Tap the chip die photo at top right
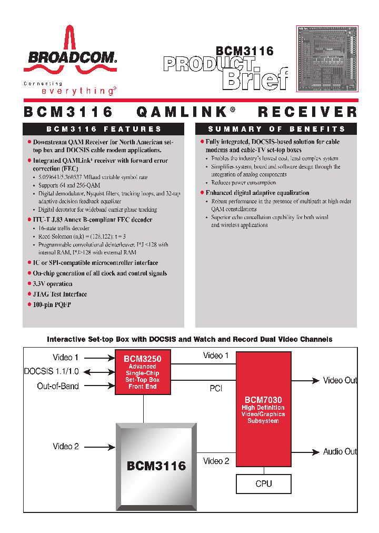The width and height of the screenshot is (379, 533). tap(327, 58)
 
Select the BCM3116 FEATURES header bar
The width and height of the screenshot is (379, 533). tap(104, 129)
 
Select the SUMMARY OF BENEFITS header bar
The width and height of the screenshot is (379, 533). tap(276, 129)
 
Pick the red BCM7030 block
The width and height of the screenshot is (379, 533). tap(263, 409)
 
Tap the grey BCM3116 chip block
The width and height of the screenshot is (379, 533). tap(156, 465)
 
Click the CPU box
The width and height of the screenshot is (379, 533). tap(263, 483)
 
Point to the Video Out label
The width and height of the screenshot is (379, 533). tap(340, 380)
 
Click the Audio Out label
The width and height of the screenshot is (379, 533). tap(340, 451)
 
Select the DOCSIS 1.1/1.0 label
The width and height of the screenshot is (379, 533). tap(51, 371)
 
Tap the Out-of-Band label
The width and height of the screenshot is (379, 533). tap(58, 386)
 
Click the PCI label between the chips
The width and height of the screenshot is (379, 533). tap(216, 388)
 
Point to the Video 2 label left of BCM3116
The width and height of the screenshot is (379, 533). tap(66, 447)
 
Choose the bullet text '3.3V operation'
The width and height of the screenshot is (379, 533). tap(53, 284)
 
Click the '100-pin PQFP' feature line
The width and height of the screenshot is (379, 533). tap(52, 305)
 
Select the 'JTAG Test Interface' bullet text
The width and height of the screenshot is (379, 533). tap(60, 294)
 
